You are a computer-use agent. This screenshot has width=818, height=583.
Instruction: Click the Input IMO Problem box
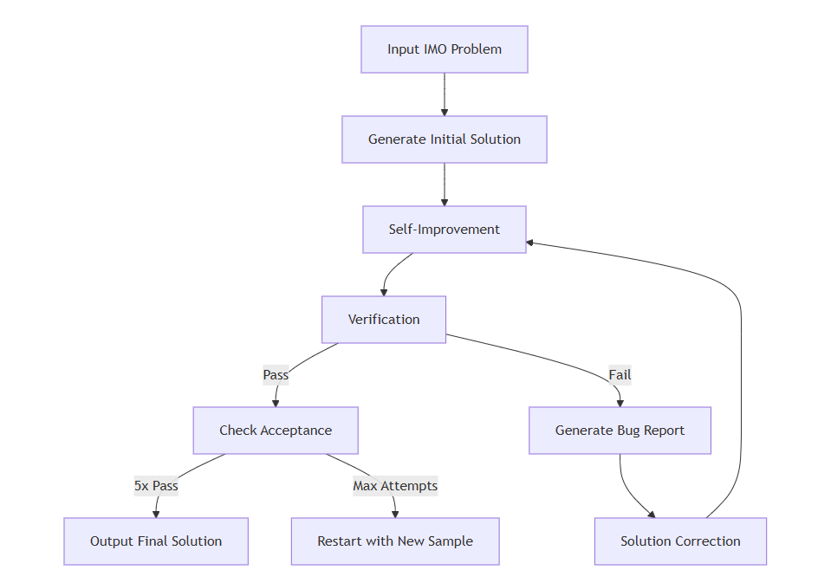(444, 49)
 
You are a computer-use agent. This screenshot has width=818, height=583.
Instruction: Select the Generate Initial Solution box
(444, 139)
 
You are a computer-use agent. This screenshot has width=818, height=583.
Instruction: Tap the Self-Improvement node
(444, 230)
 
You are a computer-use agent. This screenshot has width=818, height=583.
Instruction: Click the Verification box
(384, 320)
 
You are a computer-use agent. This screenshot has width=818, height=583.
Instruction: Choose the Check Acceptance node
(275, 431)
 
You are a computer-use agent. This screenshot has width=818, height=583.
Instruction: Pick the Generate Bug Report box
(620, 431)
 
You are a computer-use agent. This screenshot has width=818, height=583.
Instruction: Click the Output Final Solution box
(156, 541)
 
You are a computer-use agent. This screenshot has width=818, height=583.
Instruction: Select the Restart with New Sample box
(395, 541)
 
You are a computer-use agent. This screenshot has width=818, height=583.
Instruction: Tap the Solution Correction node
(680, 541)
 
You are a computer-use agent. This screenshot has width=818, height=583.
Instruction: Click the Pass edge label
(276, 375)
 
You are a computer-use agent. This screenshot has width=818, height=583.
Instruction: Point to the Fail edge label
(620, 375)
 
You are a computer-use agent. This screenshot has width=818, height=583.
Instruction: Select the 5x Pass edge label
(156, 486)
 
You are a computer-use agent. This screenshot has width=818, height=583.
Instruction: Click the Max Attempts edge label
(395, 486)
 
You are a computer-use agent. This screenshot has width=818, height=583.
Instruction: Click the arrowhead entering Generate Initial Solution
(445, 112)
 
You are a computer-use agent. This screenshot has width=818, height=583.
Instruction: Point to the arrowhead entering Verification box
(384, 292)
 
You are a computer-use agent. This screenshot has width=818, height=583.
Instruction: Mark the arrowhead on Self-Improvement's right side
(531, 242)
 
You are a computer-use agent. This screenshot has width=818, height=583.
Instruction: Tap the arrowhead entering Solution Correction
(651, 514)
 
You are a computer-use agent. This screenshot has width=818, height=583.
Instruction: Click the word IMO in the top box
(436, 49)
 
